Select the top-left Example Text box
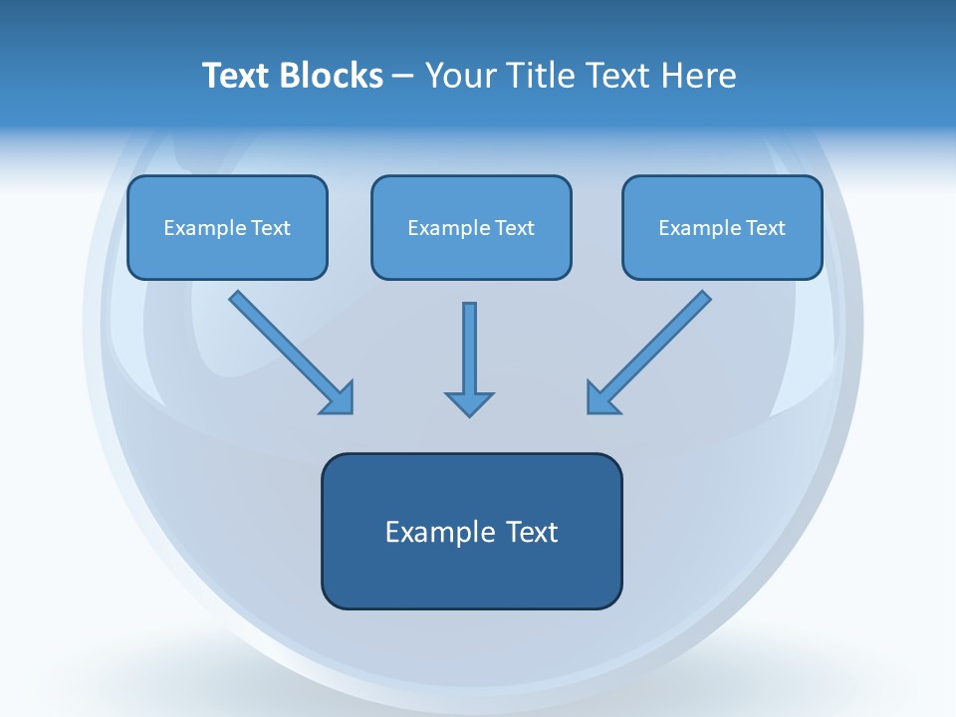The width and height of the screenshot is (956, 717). [227, 227]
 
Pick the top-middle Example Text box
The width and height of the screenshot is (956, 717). [471, 227]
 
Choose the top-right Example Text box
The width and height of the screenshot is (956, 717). [722, 227]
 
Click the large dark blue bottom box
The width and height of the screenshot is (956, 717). [471, 531]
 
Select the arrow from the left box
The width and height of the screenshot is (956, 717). [289, 349]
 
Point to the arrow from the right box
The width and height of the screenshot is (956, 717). [651, 349]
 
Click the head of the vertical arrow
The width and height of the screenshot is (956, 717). [469, 402]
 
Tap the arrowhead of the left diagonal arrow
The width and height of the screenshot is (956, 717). [339, 398]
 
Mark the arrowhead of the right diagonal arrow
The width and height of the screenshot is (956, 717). [601, 398]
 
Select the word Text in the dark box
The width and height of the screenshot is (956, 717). [532, 532]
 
